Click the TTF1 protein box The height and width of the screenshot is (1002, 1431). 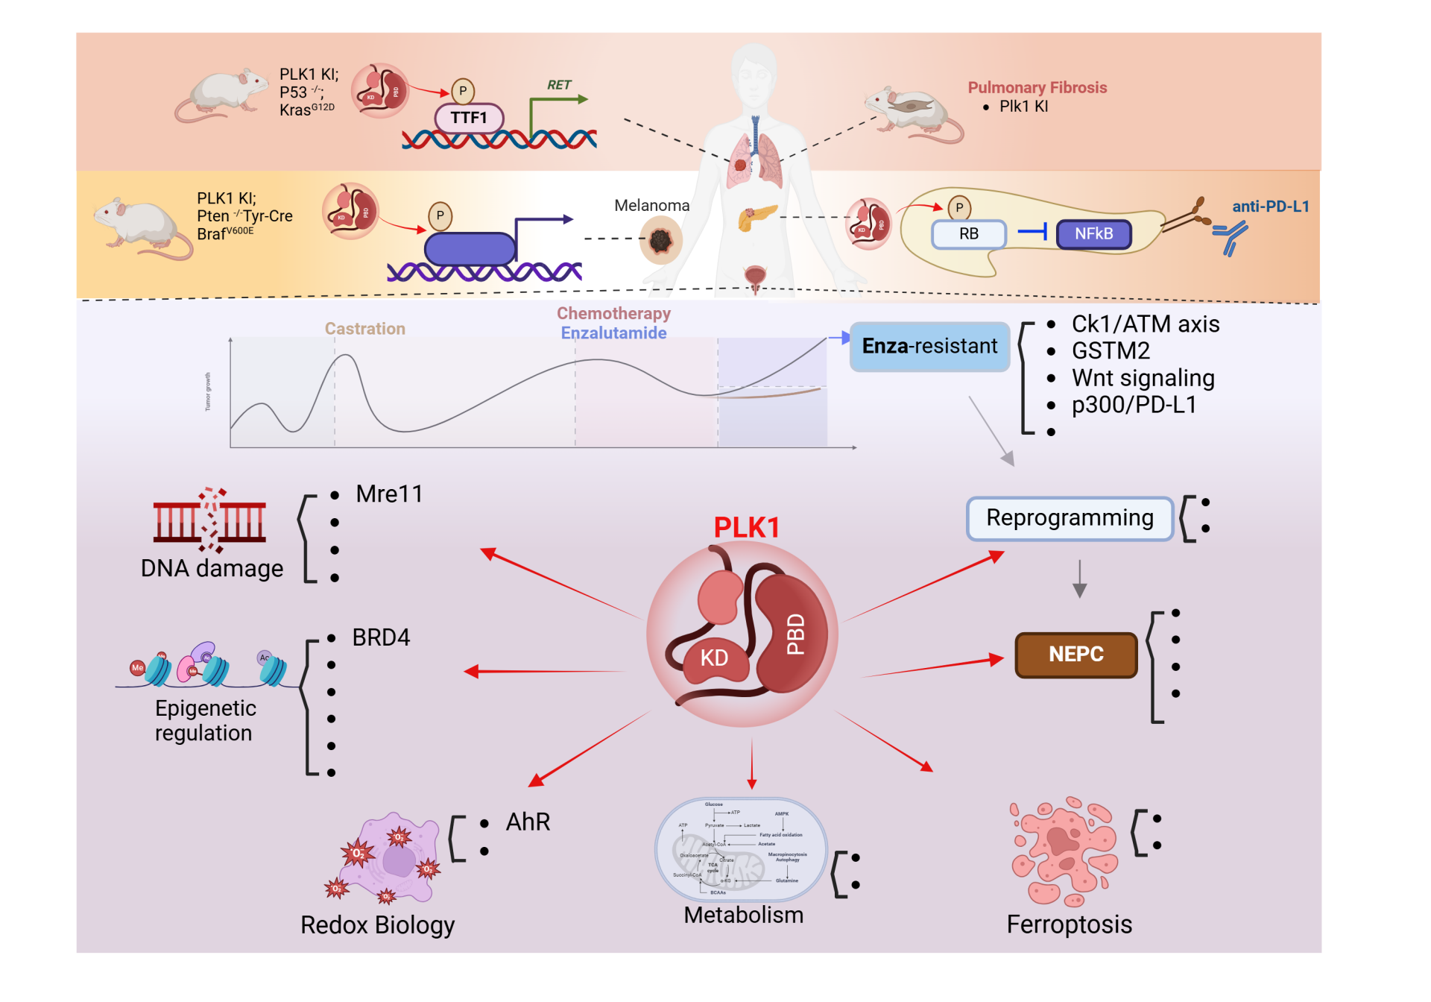[469, 118]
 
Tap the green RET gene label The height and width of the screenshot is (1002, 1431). [559, 85]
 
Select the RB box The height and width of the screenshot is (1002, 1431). [969, 234]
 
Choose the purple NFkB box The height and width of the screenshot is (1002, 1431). [1093, 234]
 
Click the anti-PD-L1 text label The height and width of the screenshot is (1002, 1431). [1270, 207]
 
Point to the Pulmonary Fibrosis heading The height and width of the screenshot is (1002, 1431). [1037, 88]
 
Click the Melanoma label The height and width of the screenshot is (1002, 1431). [651, 205]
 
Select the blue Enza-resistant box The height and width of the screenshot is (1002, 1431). [929, 347]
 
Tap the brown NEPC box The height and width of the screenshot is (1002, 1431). [1075, 655]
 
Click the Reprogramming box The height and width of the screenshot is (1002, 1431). [1070, 518]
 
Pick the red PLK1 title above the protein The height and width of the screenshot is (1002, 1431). [746, 527]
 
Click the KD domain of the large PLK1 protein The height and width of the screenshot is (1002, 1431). [714, 658]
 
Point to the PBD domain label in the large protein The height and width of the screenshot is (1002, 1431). [796, 634]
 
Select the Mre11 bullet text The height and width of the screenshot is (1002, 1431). [389, 494]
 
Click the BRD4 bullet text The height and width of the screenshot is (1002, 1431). [381, 638]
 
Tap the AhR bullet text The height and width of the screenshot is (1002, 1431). [528, 822]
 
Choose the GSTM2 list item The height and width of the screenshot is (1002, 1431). [1111, 351]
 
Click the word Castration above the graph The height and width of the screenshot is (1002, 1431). [364, 329]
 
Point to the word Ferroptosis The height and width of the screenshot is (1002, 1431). [1069, 924]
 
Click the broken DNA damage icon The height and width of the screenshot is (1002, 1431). [210, 520]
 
